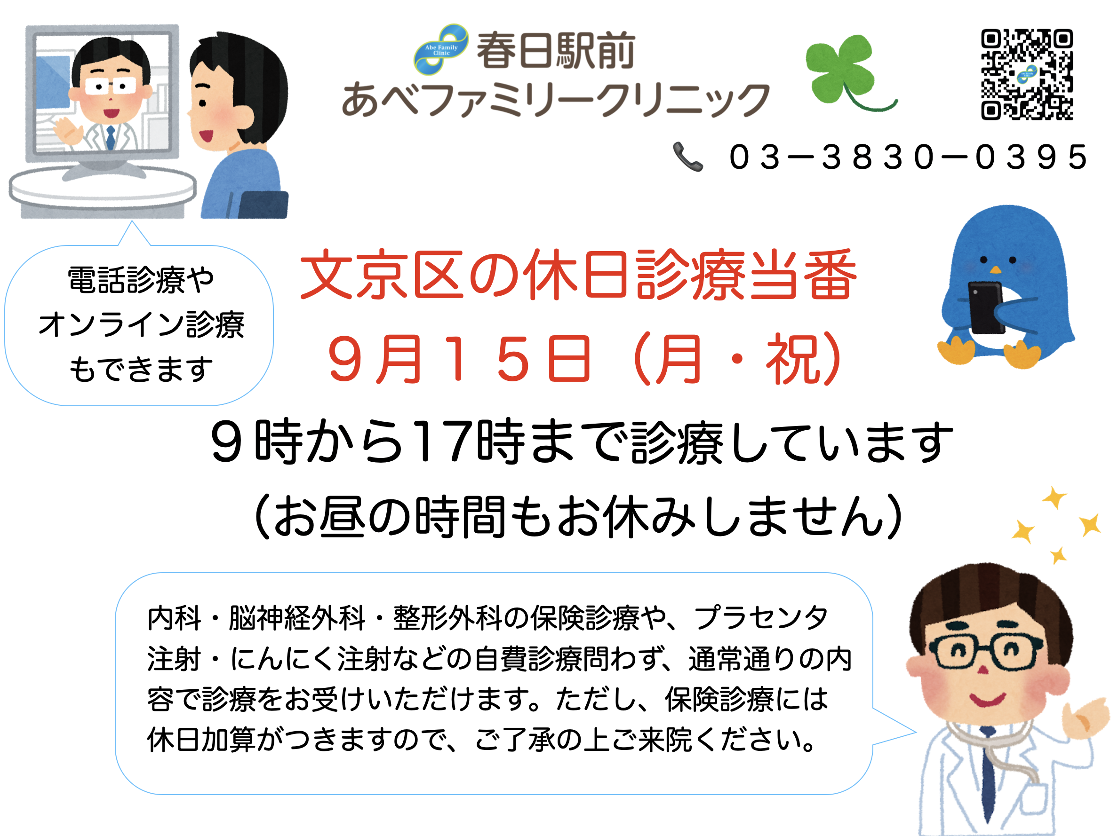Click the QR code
tap(1027, 74)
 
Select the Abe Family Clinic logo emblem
tap(441, 49)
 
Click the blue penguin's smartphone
tap(986, 308)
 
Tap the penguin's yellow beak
tap(995, 270)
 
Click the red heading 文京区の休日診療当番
tap(578, 276)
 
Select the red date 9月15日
tap(459, 359)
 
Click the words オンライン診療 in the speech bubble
tap(142, 324)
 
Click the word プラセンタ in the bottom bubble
tap(761, 617)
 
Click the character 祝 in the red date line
tap(791, 359)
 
